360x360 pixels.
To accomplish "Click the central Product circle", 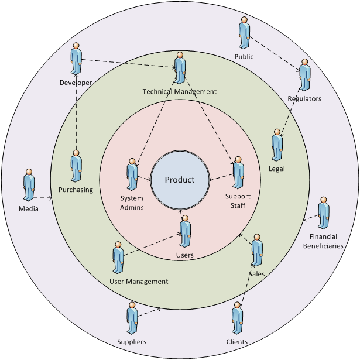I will click(180, 180).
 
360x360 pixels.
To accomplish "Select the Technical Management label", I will click(172, 92).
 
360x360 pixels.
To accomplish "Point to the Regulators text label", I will click(304, 99).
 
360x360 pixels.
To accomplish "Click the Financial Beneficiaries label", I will click(323, 241).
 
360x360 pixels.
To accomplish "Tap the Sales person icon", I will click(257, 251).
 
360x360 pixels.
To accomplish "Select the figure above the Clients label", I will click(237, 319).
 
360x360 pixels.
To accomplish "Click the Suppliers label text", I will click(131, 342).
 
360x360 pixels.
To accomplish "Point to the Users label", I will click(185, 255).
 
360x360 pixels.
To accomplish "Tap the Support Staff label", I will click(238, 201).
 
